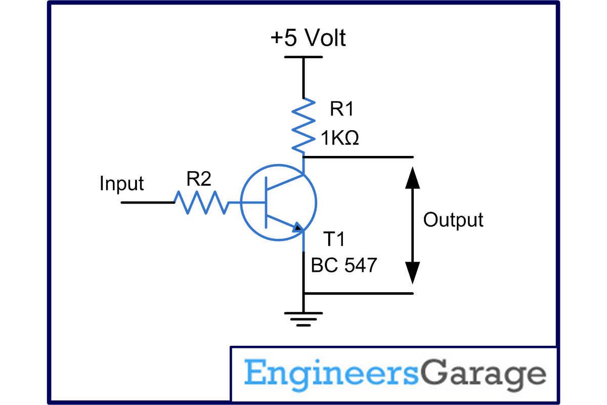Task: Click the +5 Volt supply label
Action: (308, 39)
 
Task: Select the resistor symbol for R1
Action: (303, 126)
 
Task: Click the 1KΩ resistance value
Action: (338, 138)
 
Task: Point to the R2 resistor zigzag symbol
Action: (201, 202)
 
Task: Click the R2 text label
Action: (198, 179)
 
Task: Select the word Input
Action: (121, 183)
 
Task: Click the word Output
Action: (453, 220)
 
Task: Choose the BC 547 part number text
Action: (344, 265)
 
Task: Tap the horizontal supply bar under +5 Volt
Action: (303, 57)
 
